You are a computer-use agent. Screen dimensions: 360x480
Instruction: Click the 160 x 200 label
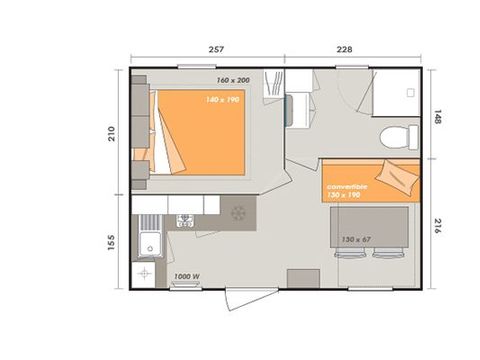coord(232,80)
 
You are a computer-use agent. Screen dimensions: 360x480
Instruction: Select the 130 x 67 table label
coord(356,240)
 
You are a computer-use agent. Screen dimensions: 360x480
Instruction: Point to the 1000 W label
coord(186,276)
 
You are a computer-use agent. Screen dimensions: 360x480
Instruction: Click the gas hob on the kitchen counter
coord(186,219)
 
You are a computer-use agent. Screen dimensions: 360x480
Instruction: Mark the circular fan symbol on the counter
coord(238,213)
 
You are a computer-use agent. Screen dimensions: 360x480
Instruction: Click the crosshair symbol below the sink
coord(146,272)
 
